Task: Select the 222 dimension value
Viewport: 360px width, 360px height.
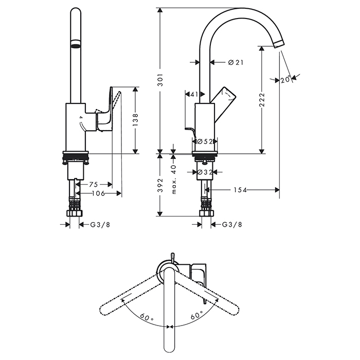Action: click(262, 98)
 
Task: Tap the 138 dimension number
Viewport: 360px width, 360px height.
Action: click(136, 120)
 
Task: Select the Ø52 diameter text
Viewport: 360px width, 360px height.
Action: click(205, 141)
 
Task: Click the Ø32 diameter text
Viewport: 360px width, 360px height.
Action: click(205, 172)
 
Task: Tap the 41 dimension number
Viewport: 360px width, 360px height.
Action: click(194, 95)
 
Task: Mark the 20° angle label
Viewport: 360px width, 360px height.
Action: click(286, 79)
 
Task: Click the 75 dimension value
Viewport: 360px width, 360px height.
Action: click(93, 184)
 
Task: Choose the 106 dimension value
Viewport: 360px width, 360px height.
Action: click(98, 193)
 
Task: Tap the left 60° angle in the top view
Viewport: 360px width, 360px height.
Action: click(147, 319)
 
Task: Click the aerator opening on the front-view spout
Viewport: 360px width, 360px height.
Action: click(76, 45)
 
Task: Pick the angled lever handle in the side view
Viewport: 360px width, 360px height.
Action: click(225, 97)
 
